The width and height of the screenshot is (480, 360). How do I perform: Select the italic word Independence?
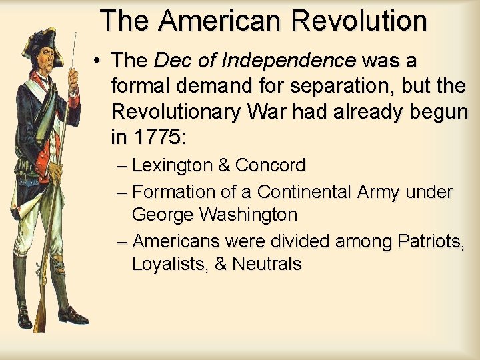click(x=289, y=61)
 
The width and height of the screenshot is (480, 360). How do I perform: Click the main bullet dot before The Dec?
click(x=97, y=61)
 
